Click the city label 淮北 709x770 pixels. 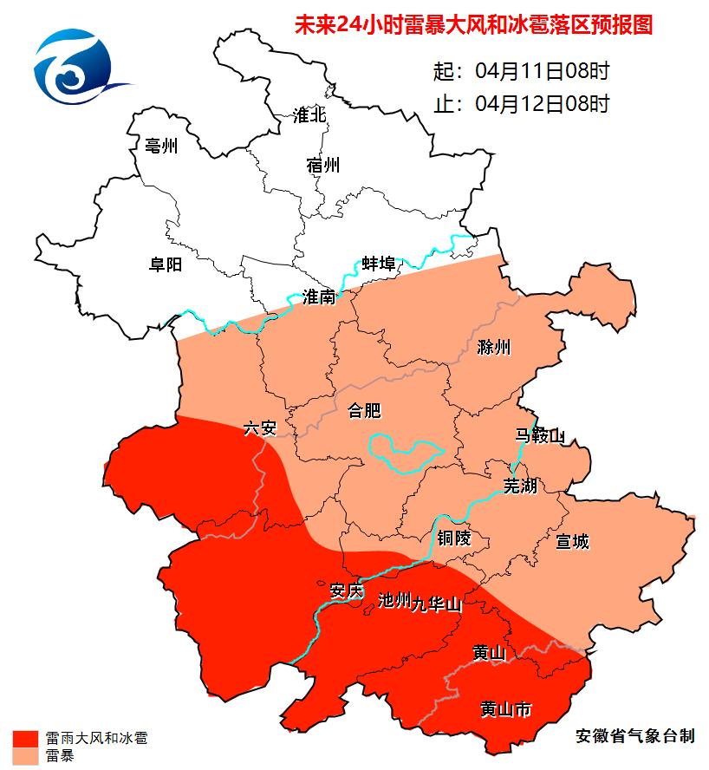point(309,115)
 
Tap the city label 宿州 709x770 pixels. point(323,165)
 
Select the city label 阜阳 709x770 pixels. point(166,264)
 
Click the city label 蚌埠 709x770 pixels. point(379,263)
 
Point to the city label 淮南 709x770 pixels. point(319,297)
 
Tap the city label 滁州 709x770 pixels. point(494,349)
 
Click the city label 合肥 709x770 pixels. point(364,410)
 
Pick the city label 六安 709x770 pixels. point(259,427)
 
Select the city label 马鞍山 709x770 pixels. point(540,436)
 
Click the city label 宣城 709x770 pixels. point(572,542)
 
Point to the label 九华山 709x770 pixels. point(436,603)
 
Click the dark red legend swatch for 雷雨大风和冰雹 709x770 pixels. point(25,739)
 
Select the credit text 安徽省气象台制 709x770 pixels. point(635,735)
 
